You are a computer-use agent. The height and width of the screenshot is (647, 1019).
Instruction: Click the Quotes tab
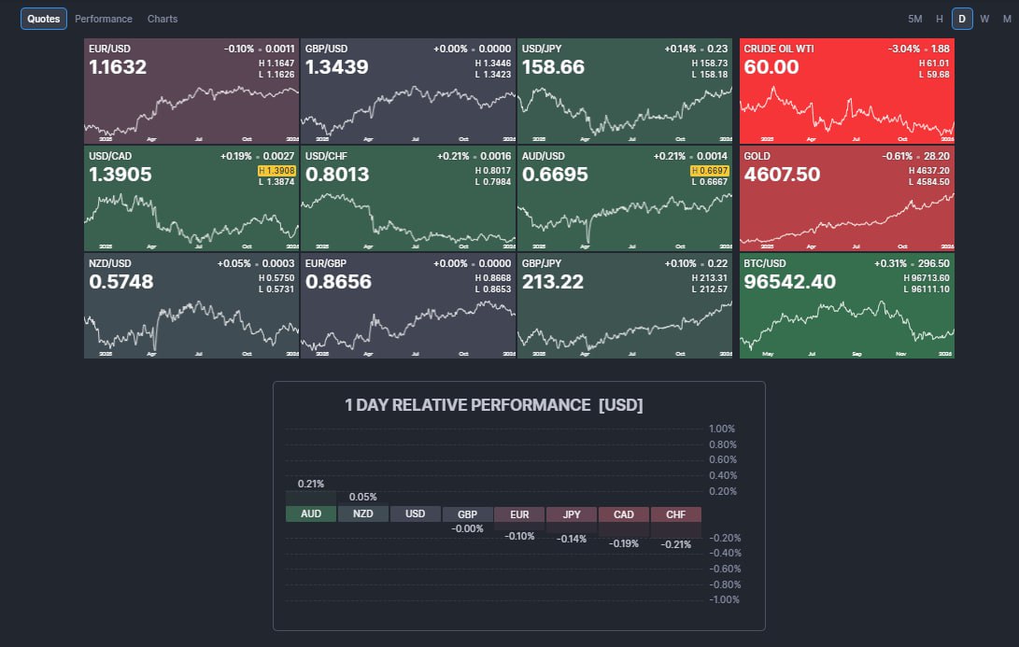tap(44, 19)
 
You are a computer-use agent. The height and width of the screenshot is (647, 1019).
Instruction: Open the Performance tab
tap(104, 19)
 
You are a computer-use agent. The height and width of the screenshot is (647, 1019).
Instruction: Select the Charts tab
tap(163, 19)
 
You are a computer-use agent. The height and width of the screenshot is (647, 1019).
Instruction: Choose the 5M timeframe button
tap(914, 19)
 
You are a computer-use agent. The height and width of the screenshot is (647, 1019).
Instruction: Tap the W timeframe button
tap(984, 19)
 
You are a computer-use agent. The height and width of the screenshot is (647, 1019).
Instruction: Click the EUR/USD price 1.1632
tap(120, 67)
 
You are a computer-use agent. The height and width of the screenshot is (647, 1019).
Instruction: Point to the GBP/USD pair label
tap(326, 48)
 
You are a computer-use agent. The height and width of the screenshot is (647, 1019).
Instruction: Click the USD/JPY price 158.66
tap(553, 67)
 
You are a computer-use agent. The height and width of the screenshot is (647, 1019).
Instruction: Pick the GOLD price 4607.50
tap(782, 175)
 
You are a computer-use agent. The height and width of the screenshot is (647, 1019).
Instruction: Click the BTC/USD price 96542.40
tap(789, 282)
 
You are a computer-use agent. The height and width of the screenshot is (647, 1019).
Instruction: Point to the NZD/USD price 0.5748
tap(120, 282)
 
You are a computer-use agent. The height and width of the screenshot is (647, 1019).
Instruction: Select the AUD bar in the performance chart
tap(310, 514)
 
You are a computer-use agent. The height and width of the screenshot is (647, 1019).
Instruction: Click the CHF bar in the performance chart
tap(675, 514)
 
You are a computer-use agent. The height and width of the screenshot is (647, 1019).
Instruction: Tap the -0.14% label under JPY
tap(572, 539)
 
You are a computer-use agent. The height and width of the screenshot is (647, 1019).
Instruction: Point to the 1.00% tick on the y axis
tap(723, 429)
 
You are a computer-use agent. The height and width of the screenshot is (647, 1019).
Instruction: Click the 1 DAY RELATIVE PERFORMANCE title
tap(493, 405)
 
